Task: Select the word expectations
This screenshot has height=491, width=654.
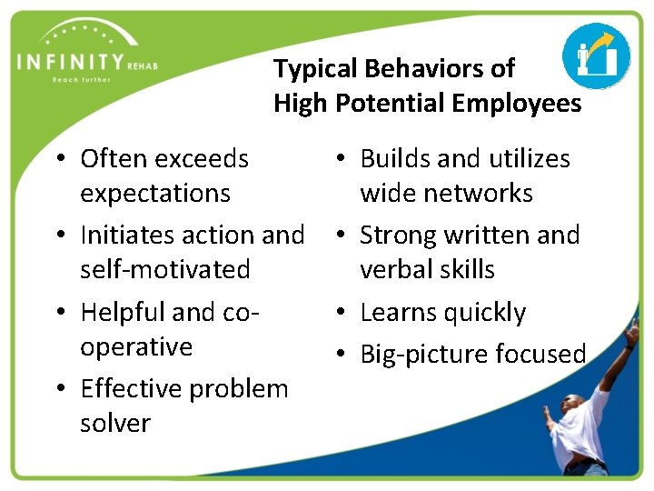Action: pyautogui.click(x=155, y=194)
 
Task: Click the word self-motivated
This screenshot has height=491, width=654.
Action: pyautogui.click(x=165, y=270)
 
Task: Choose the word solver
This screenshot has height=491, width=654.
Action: pyautogui.click(x=115, y=424)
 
